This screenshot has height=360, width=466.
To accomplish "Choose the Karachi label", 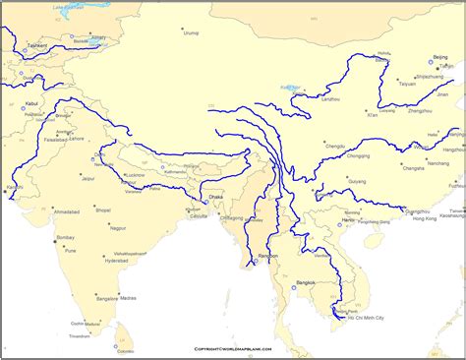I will coord(14,186).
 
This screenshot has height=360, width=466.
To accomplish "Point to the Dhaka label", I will coord(216,198).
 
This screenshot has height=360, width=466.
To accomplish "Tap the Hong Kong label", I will coord(424,217).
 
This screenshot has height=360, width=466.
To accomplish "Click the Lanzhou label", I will coord(330,98).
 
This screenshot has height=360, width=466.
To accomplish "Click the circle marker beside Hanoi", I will coord(341,225).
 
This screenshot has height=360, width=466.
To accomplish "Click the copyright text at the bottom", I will coord(232,349).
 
